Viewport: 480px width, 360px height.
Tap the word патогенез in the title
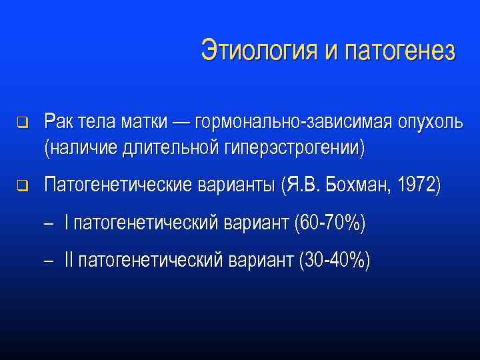tap(401, 51)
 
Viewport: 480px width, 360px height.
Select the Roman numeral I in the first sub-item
tap(67, 224)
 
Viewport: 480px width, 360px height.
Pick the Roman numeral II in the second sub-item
tap(69, 261)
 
